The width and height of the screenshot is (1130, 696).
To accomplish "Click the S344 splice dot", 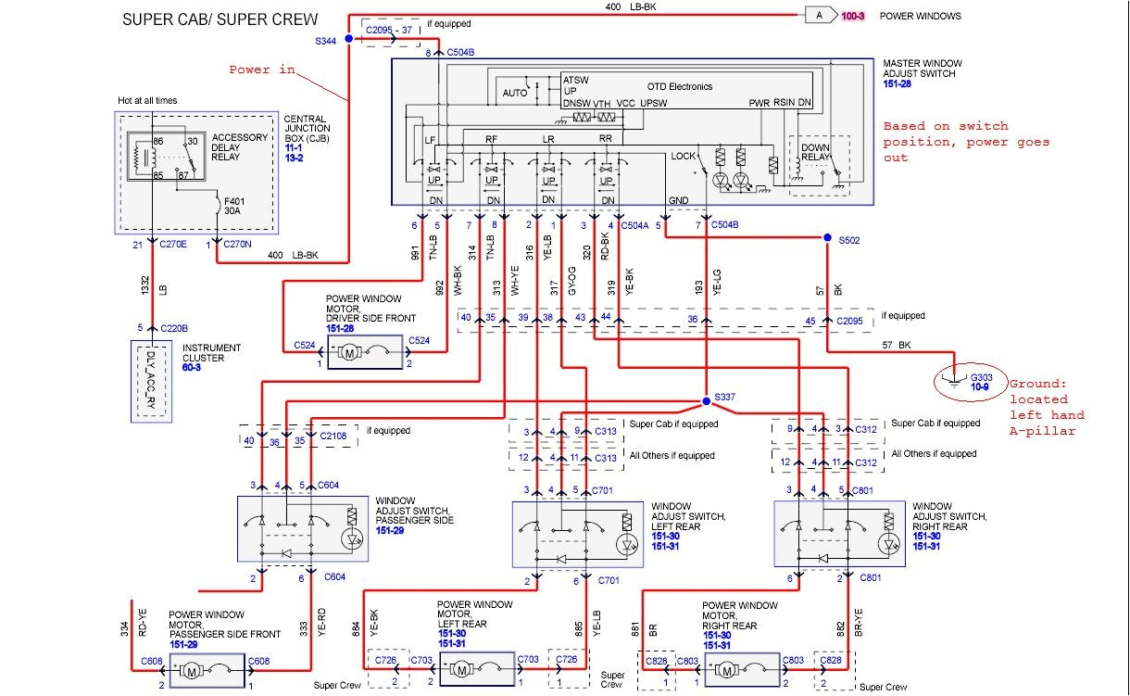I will coord(348,39).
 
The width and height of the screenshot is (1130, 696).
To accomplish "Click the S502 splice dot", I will coord(828,238).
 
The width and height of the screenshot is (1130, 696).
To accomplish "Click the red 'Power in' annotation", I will coord(262,70).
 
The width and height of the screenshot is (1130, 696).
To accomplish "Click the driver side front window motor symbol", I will coord(350,352).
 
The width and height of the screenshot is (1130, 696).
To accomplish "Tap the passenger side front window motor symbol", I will coord(194,669).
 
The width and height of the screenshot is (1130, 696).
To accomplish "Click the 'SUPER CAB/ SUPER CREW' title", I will coord(220,19).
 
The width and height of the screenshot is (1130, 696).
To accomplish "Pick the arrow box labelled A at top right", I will coord(820,15).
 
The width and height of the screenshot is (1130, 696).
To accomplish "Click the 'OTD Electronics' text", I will coord(678,86).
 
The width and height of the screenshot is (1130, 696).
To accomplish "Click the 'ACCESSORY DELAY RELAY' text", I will coord(239,146).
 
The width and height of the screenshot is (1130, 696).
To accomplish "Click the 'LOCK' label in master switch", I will coord(683,156).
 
